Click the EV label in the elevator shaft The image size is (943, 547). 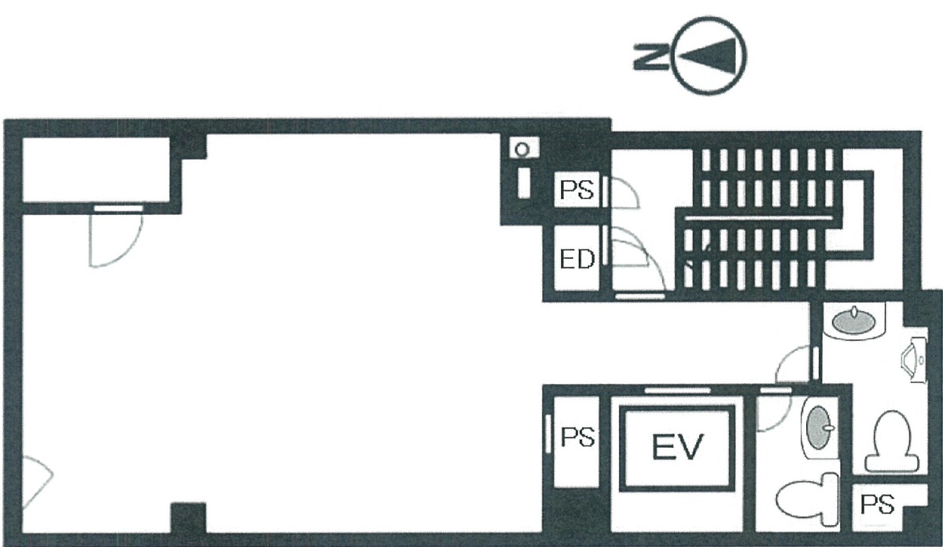tap(677, 446)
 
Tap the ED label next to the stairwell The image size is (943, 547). tap(576, 259)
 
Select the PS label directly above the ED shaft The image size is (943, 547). tap(576, 190)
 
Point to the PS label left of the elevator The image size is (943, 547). tap(577, 437)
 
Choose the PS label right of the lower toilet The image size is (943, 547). tap(878, 504)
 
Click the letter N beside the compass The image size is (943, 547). tap(650, 56)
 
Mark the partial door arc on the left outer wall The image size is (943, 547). tap(37, 482)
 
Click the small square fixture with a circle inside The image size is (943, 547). tap(522, 148)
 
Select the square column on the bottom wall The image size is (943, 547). tap(189, 518)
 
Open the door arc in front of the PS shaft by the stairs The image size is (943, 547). tap(624, 194)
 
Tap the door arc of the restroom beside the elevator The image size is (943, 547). tap(773, 413)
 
